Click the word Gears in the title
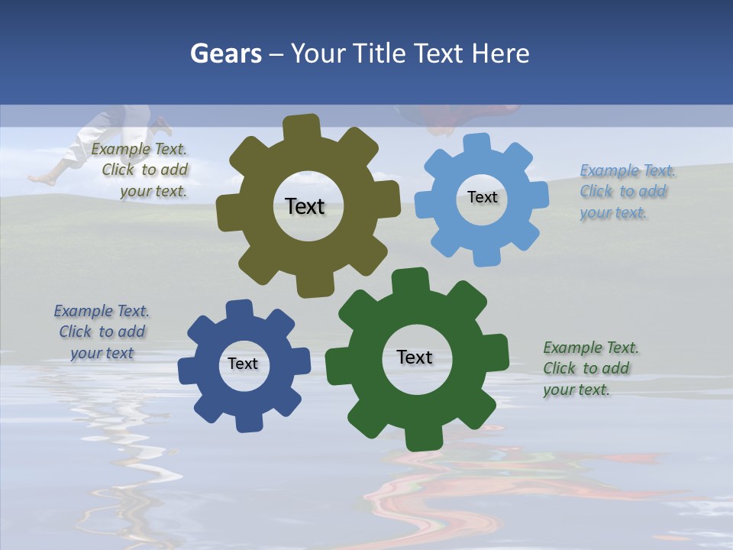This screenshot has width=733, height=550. (225, 53)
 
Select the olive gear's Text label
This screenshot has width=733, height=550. (305, 206)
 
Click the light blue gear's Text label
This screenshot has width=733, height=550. (482, 197)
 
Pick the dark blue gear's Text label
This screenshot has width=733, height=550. (243, 364)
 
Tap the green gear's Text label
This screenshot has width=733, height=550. (415, 357)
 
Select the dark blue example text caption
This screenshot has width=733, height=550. (102, 332)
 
